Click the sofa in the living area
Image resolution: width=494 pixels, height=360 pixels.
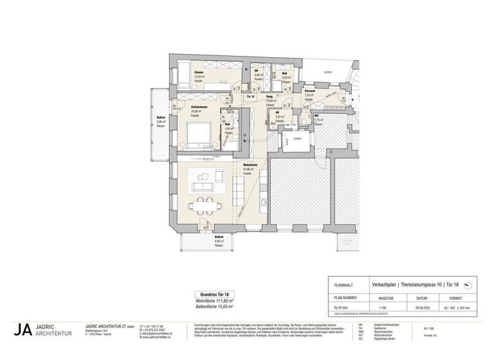[x=203, y=186]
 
